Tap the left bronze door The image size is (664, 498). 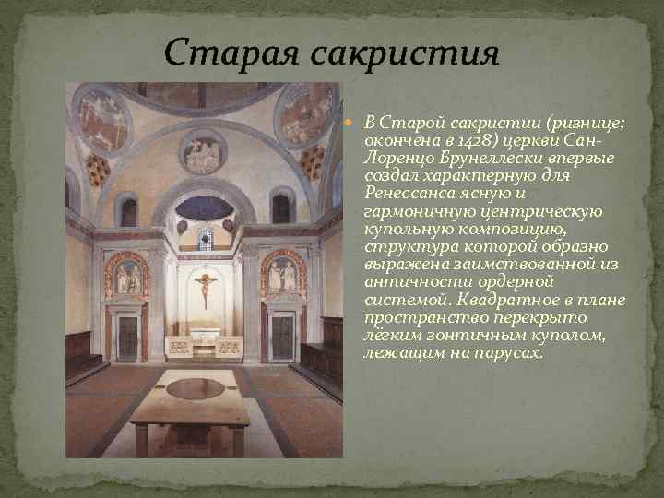(126, 336)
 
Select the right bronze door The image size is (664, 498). (283, 336)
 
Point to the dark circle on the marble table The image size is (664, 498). (195, 388)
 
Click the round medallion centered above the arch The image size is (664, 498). (203, 152)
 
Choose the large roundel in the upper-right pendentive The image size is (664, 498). (303, 114)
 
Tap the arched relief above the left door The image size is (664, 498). (126, 274)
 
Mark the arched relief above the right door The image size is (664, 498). (283, 274)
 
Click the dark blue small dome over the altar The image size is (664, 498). (204, 207)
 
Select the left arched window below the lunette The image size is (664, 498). (128, 211)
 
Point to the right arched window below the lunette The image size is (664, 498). (280, 207)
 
